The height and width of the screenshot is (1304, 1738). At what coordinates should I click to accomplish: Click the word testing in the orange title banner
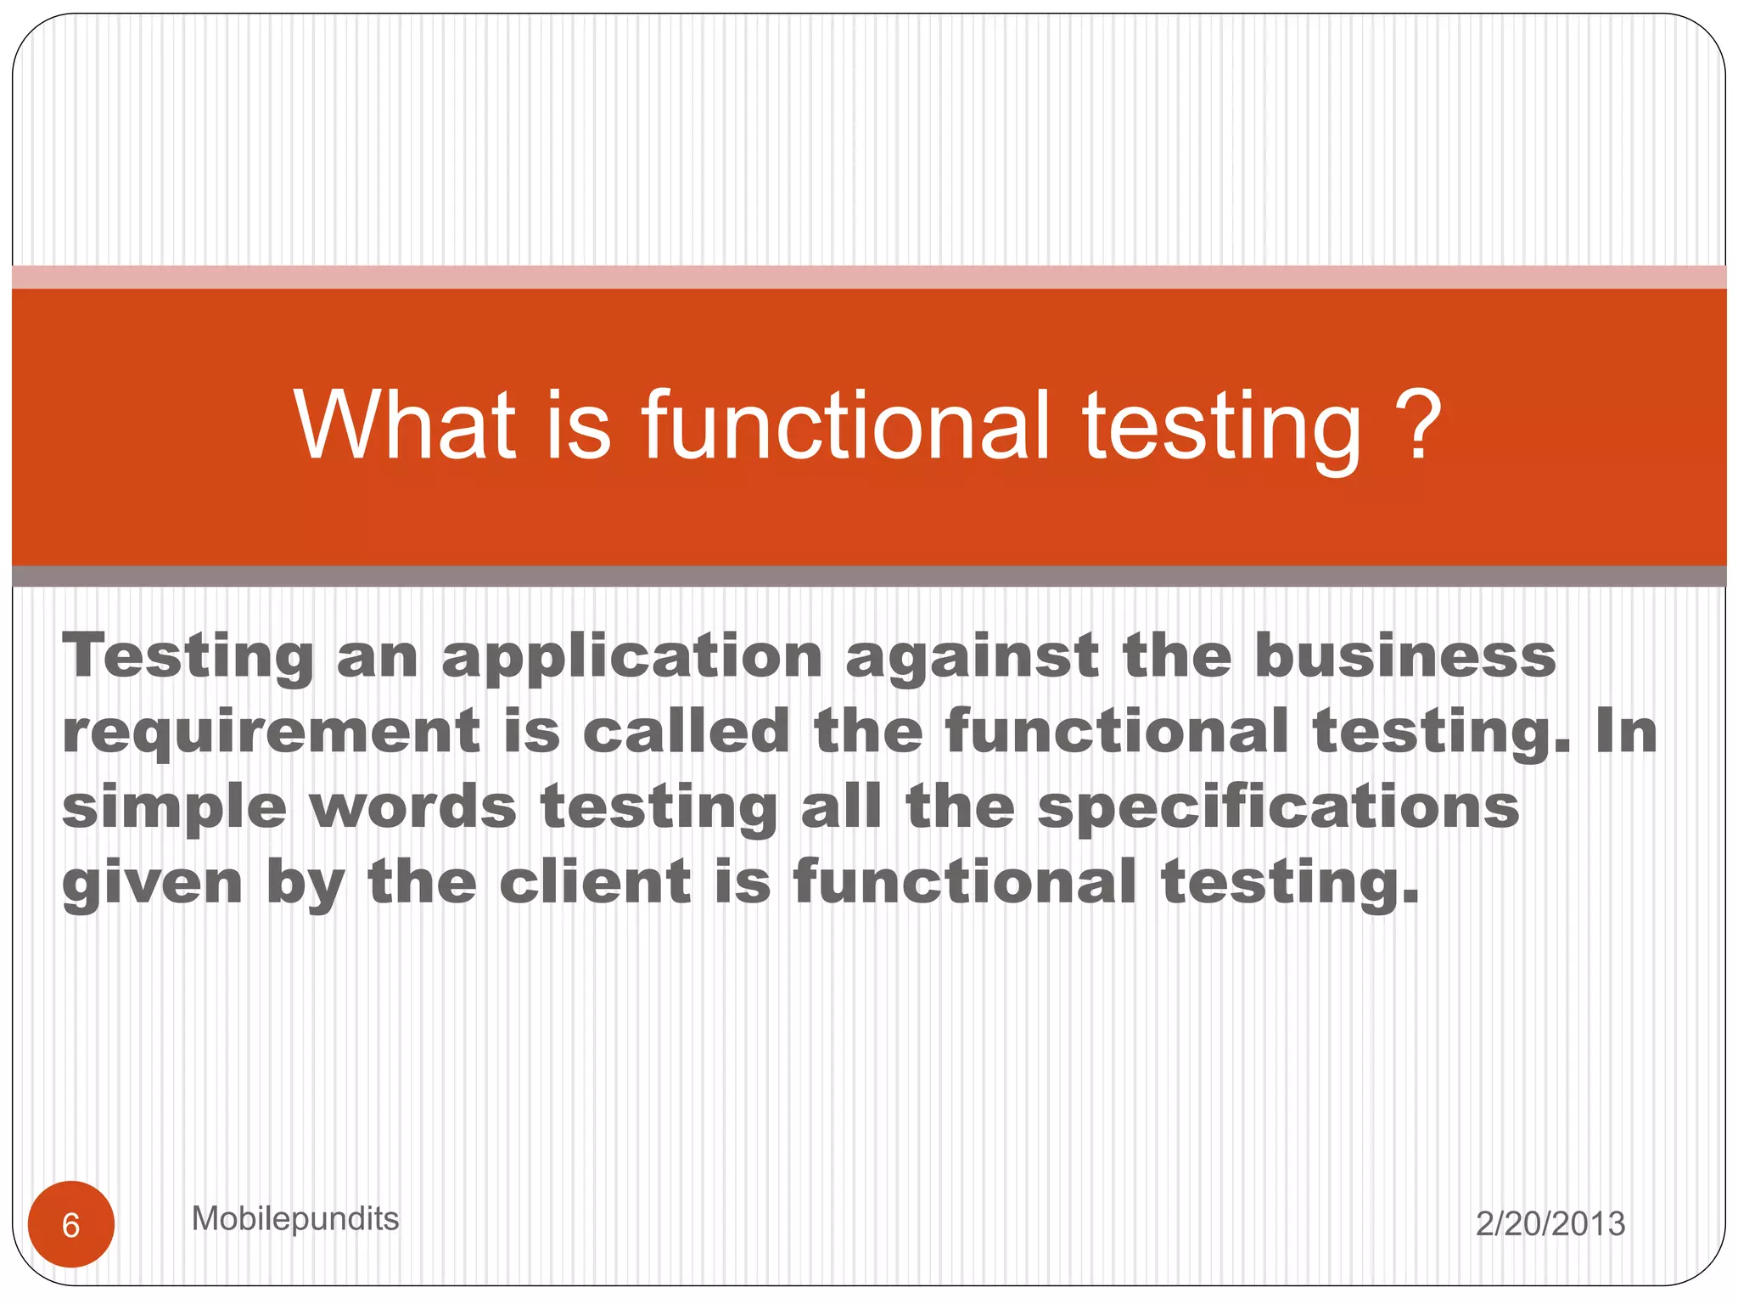pyautogui.click(x=1221, y=429)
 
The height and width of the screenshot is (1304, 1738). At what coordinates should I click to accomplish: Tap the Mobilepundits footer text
pyautogui.click(x=295, y=1219)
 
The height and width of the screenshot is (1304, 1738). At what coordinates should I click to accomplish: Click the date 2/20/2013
pyautogui.click(x=1550, y=1224)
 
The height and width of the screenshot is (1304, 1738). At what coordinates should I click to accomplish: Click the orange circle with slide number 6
pyautogui.click(x=71, y=1225)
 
